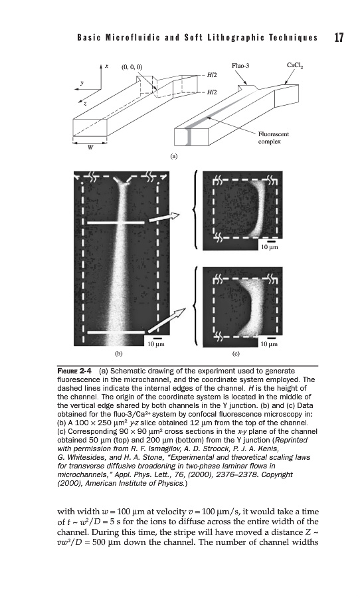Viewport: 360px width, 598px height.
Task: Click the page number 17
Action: click(x=339, y=37)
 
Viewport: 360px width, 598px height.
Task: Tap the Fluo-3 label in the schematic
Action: click(x=240, y=66)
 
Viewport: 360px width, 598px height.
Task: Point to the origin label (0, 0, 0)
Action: click(x=132, y=67)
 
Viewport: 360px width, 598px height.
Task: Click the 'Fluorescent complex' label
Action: click(x=274, y=138)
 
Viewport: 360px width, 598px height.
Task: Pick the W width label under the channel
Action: click(x=90, y=148)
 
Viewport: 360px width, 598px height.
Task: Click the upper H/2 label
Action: click(x=212, y=75)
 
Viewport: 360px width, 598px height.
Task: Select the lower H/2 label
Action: click(x=212, y=92)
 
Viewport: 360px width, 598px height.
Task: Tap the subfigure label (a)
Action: click(x=174, y=155)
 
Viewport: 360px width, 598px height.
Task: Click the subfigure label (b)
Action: click(x=119, y=353)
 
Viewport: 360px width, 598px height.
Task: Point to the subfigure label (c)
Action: click(x=236, y=353)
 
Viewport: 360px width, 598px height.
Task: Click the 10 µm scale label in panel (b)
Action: click(x=156, y=344)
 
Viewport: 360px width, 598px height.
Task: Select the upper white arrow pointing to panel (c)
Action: click(x=163, y=218)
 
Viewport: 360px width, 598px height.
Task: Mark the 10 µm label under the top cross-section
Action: click(x=270, y=247)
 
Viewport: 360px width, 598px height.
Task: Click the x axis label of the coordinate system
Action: click(x=107, y=66)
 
